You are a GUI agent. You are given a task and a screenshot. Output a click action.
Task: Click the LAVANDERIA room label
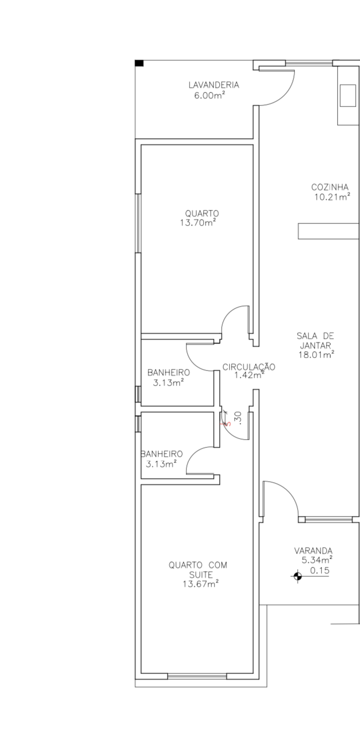(214, 85)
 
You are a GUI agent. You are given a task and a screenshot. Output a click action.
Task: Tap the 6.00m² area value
(209, 96)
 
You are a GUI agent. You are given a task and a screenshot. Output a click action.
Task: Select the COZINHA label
(330, 187)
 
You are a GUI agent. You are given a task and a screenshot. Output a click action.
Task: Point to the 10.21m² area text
(332, 197)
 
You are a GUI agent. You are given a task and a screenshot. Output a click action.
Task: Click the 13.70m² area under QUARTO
(198, 222)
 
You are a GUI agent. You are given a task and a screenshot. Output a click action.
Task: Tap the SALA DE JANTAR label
(315, 340)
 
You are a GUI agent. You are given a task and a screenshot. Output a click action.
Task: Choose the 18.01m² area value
(316, 355)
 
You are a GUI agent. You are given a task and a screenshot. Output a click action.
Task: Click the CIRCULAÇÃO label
(249, 366)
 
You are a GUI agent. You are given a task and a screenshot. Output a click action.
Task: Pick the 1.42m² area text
(249, 375)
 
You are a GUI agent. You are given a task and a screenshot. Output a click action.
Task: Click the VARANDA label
(313, 551)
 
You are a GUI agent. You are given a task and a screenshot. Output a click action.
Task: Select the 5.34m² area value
(317, 560)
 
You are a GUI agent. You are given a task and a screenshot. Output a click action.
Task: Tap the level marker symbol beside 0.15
(298, 576)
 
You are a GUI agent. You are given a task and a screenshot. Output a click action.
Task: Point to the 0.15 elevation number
(319, 571)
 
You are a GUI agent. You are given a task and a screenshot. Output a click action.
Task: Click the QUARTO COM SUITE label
(198, 570)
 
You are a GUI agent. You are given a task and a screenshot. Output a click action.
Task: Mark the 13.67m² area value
(201, 584)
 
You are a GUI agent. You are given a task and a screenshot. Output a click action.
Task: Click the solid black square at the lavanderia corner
(139, 63)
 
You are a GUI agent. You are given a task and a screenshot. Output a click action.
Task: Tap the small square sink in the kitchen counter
(348, 96)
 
